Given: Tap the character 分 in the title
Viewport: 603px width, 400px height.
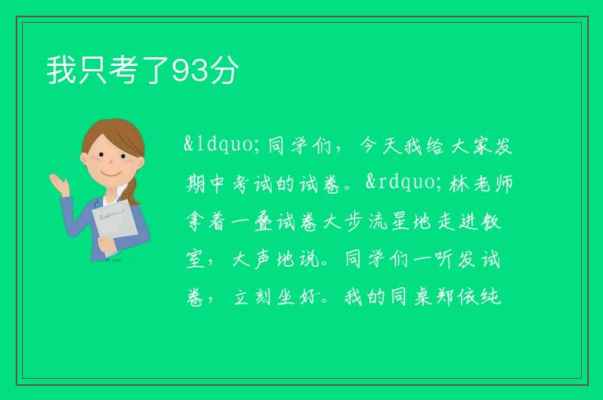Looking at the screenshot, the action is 225,70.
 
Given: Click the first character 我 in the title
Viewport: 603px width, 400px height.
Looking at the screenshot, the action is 61,70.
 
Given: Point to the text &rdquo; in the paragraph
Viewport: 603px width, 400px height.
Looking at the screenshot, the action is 404,182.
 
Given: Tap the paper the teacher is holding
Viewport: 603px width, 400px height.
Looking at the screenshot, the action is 114,226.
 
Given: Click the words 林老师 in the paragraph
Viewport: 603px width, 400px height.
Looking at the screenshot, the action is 481,184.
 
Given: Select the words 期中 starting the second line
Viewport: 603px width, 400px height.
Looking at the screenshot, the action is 205,184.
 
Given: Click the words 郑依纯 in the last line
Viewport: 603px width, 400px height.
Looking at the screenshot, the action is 469,297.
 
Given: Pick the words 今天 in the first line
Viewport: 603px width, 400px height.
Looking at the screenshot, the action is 379,146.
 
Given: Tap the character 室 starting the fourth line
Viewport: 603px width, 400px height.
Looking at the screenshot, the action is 196,260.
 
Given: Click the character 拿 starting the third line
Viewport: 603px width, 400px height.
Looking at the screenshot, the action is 196,222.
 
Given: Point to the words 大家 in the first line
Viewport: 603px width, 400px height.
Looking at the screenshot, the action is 471,146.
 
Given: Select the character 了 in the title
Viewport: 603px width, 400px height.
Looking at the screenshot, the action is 155,70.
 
